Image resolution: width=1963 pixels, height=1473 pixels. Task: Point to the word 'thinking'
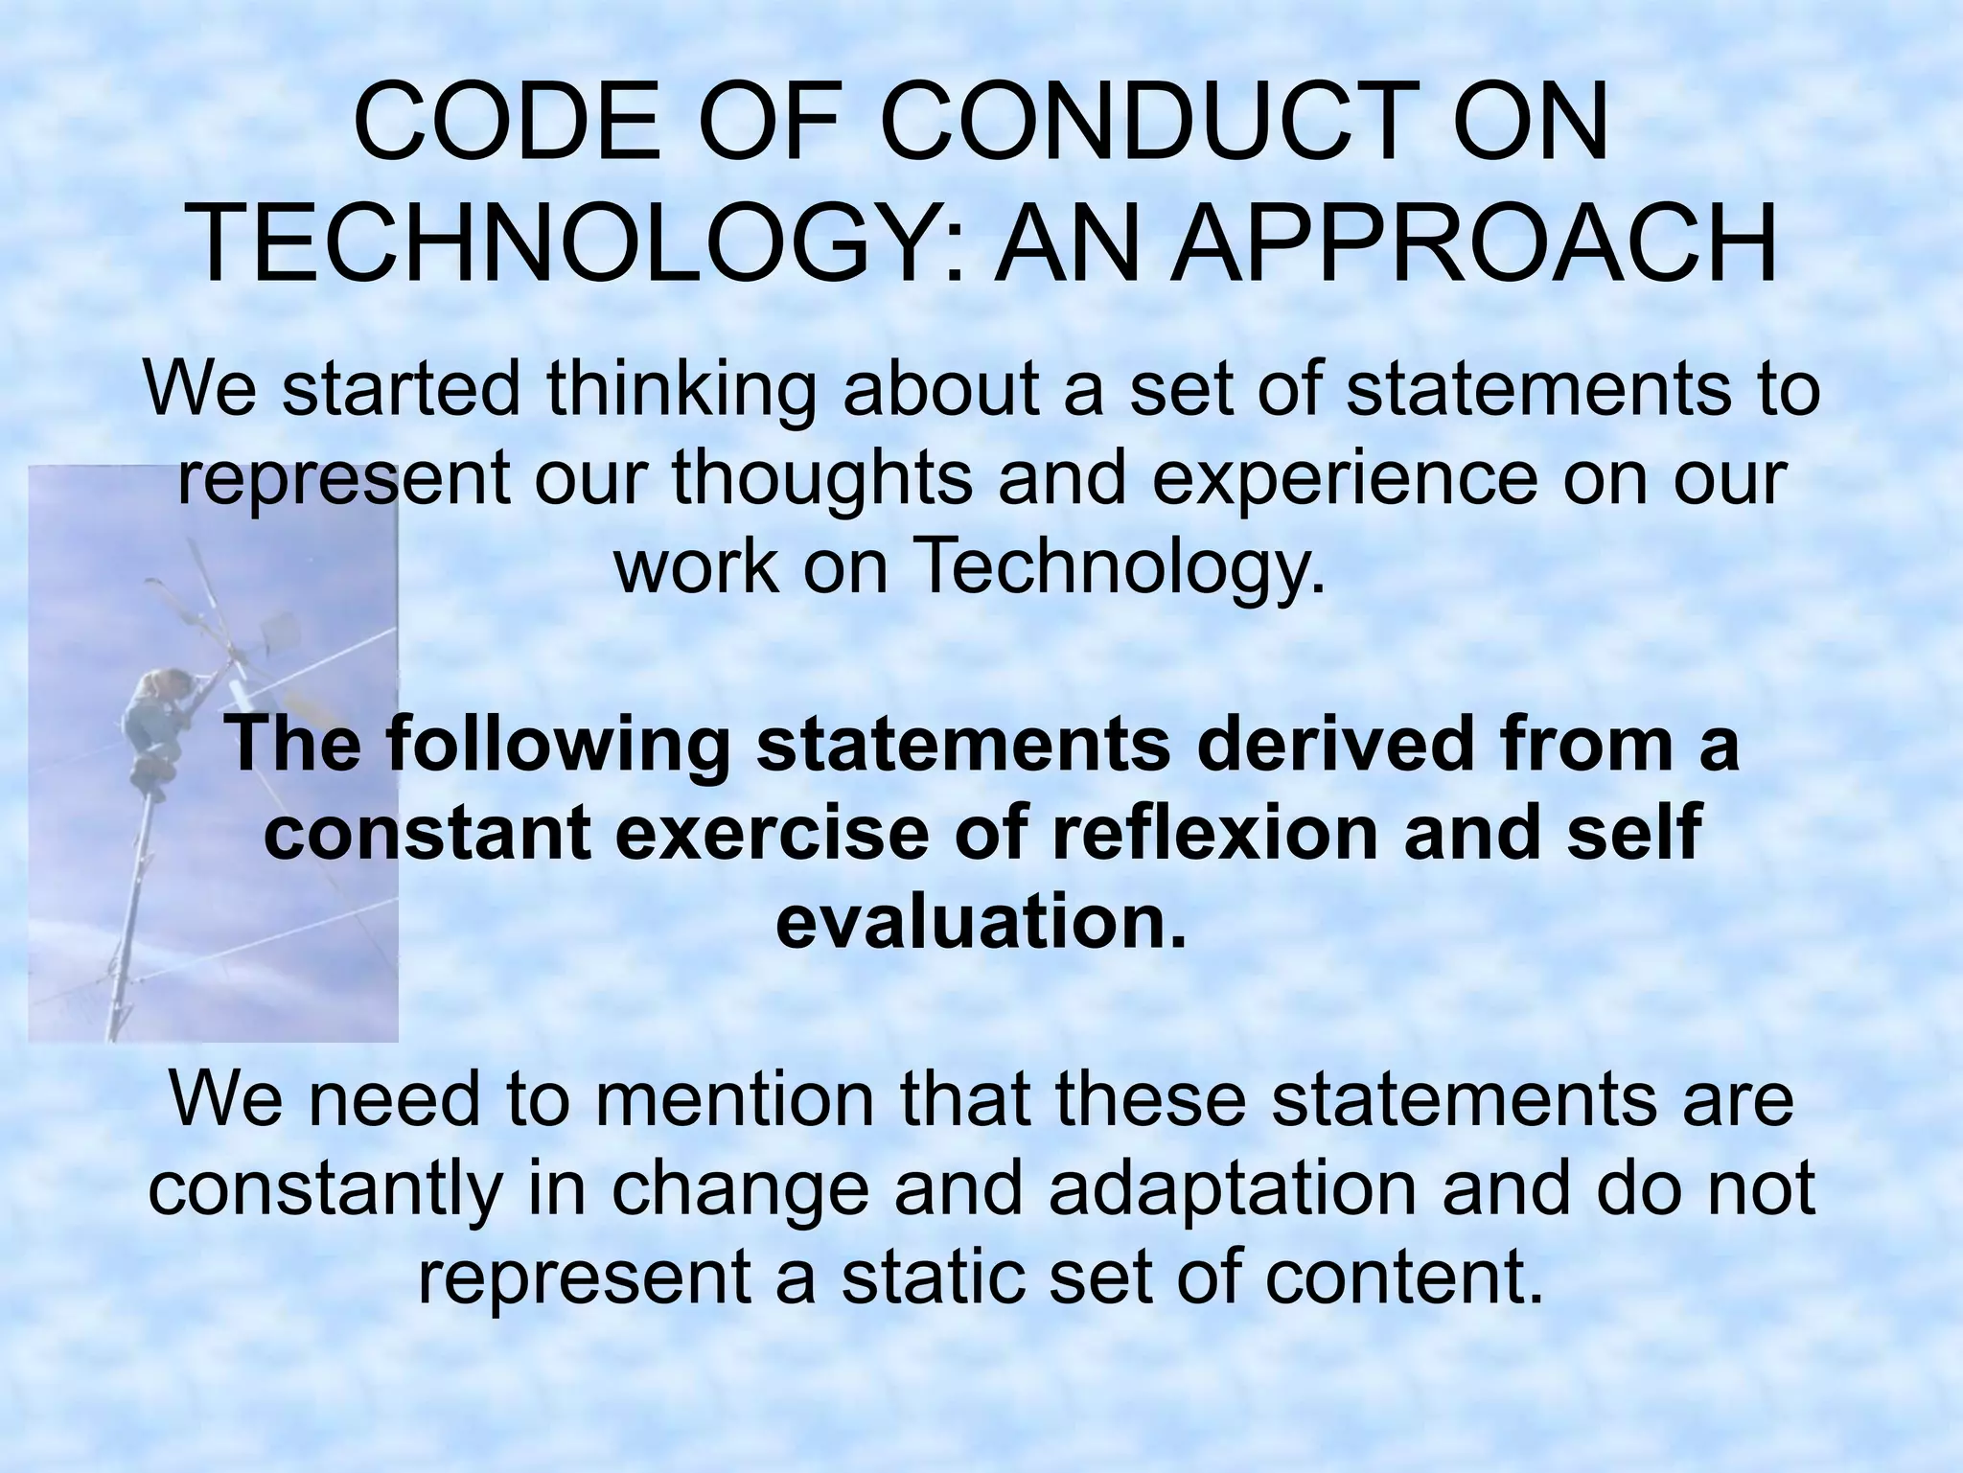pyautogui.click(x=681, y=391)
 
